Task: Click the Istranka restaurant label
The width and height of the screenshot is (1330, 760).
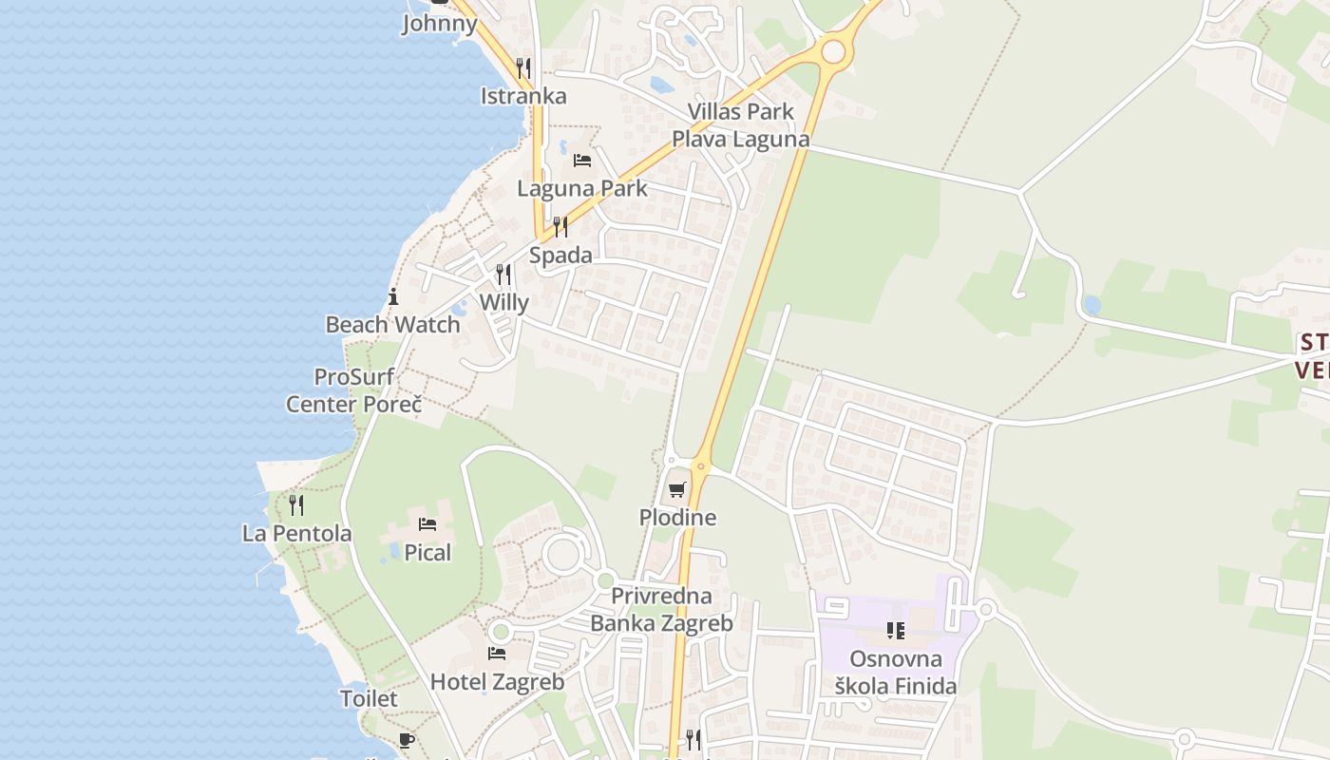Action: tap(523, 96)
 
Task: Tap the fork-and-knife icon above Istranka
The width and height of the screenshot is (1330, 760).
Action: tap(522, 67)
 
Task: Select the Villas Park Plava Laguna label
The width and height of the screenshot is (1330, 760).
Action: tap(741, 125)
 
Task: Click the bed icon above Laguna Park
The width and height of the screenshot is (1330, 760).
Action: tap(582, 160)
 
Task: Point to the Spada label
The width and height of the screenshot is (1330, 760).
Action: tap(560, 255)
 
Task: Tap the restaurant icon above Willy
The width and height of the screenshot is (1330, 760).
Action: tap(503, 275)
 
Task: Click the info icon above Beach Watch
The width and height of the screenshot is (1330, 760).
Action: tap(393, 296)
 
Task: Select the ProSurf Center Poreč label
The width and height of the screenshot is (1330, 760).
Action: tap(354, 390)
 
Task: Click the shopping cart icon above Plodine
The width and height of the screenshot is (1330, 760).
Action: tap(676, 490)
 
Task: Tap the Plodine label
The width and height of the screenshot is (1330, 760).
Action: tap(677, 518)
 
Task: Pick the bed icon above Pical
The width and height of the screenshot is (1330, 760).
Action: tap(427, 524)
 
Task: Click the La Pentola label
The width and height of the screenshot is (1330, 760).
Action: tap(296, 533)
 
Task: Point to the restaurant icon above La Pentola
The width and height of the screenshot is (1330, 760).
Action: tap(296, 504)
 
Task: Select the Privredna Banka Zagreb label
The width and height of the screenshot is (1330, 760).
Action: tap(662, 610)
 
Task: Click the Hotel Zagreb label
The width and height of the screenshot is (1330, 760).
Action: tap(497, 681)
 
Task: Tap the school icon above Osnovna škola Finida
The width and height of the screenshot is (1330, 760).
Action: tap(895, 630)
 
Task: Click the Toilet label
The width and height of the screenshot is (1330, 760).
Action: tap(369, 698)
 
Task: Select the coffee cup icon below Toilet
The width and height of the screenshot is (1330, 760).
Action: tap(407, 740)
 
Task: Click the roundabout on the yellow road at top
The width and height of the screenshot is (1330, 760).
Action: tap(833, 51)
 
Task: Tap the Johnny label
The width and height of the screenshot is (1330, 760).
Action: tap(440, 23)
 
